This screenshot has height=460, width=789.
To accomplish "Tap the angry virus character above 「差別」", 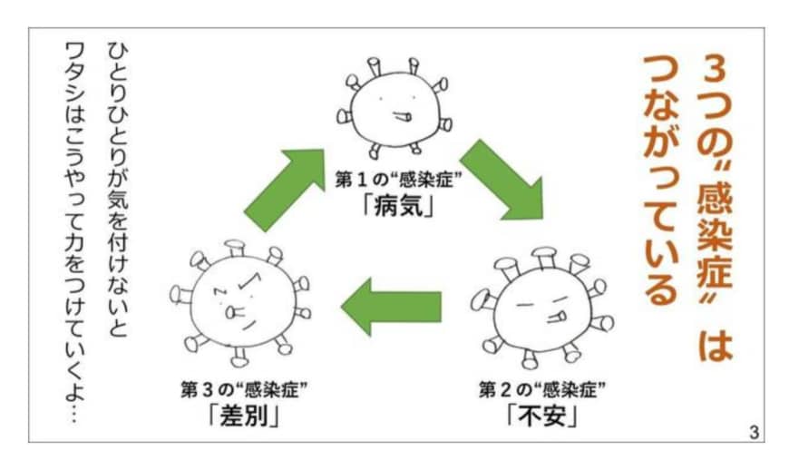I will click(x=239, y=299).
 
